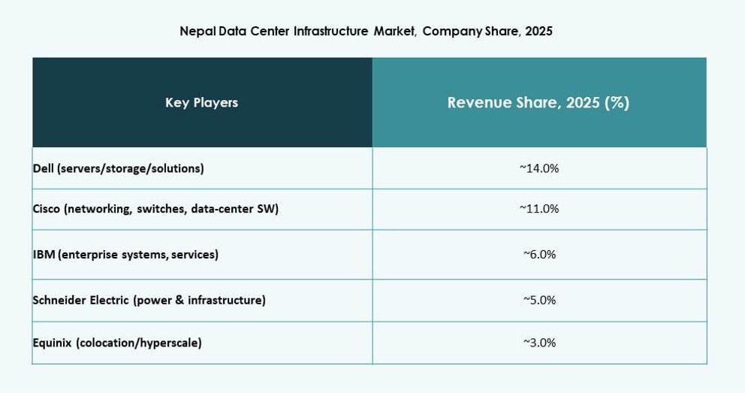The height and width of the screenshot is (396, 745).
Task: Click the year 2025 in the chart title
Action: click(x=538, y=32)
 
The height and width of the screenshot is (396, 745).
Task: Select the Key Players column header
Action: click(x=201, y=103)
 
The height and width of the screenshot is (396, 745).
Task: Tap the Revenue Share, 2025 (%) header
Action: click(x=538, y=103)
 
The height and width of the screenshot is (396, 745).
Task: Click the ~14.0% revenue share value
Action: click(x=539, y=168)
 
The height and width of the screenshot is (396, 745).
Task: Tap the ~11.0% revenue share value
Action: click(x=539, y=209)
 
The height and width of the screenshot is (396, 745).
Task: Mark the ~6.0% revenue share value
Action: click(x=539, y=255)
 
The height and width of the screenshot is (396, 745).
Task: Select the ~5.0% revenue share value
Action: click(x=539, y=301)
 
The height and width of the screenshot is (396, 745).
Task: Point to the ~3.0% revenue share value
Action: click(x=539, y=343)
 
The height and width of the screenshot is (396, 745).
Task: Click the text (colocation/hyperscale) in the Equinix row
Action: click(x=139, y=343)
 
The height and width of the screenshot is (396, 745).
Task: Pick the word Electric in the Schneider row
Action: click(x=109, y=301)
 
